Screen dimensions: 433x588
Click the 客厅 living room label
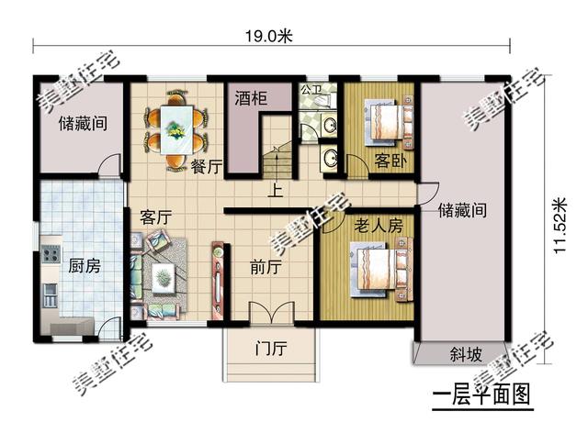[x=156, y=217]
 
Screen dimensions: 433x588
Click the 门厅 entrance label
[x=271, y=349]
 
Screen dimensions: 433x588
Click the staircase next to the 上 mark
[x=277, y=165]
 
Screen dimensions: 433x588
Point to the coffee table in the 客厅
[x=165, y=275]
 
